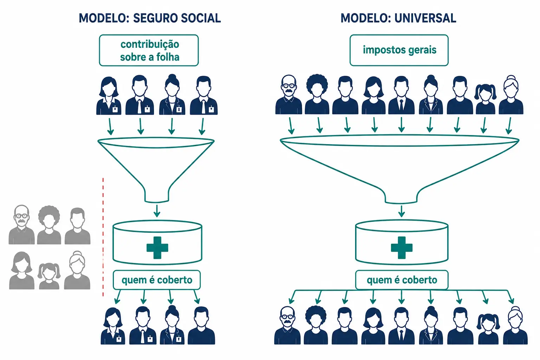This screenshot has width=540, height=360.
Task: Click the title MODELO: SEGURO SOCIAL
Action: tap(150, 18)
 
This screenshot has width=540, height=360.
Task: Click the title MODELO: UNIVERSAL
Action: tap(398, 18)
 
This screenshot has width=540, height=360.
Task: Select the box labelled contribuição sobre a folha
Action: tap(149, 50)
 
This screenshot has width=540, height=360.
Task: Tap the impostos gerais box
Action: tap(399, 50)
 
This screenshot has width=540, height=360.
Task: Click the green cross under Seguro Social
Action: tap(157, 247)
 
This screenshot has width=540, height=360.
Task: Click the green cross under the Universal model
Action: tap(401, 247)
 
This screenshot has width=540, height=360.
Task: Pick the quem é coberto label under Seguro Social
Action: tap(157, 280)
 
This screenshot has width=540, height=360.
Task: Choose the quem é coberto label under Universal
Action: tap(402, 280)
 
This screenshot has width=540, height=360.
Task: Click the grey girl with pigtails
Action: tap(49, 276)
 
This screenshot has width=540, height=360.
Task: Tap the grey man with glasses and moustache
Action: tap(22, 225)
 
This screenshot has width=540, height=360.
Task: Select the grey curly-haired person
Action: tap(49, 225)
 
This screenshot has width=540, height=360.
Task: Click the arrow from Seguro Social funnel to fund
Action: tap(157, 211)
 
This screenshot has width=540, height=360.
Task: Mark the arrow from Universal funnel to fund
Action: tap(401, 211)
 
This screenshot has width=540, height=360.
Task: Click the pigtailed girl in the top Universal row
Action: tap(485, 99)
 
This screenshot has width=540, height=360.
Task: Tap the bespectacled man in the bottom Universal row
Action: tap(287, 325)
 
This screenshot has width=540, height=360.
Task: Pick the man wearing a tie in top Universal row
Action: tap(401, 95)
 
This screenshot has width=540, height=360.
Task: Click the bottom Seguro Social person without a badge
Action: tap(201, 326)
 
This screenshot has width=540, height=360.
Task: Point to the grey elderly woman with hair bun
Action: tap(77, 270)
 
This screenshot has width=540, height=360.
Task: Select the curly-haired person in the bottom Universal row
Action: tap(316, 325)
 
